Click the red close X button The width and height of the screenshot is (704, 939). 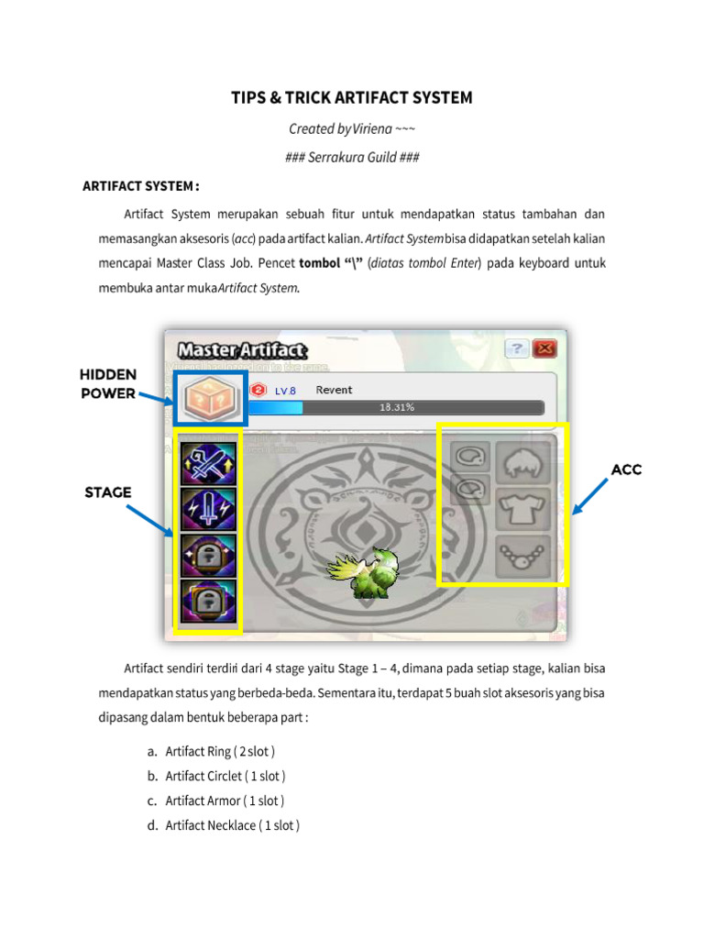pos(545,348)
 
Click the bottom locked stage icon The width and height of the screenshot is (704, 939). pos(208,602)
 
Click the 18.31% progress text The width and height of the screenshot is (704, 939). pos(396,407)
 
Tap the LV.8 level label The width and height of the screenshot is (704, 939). pos(285,391)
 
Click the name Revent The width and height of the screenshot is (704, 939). pos(334,390)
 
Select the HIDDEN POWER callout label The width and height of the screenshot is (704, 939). pos(108,384)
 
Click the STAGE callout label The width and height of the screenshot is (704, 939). pos(108,492)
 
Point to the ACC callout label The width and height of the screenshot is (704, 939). pos(626,469)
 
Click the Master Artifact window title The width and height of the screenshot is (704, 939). pos(242,349)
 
